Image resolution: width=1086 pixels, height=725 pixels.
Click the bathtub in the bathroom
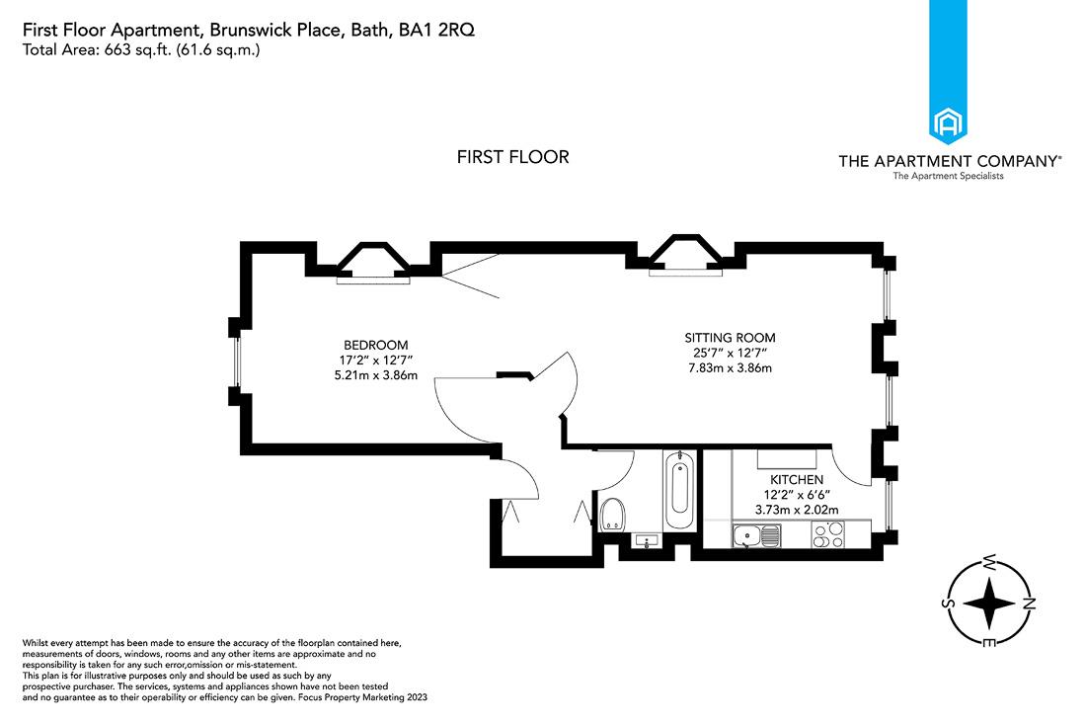point(678,491)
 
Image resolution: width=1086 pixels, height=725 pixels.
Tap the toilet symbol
point(612,514)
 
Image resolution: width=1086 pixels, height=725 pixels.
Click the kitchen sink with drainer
point(757,535)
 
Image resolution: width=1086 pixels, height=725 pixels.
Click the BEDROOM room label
point(375,344)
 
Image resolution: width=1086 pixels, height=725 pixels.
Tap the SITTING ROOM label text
point(731,337)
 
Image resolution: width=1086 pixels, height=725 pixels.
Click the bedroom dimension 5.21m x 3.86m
point(375,375)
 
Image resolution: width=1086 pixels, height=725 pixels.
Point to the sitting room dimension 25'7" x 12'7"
point(731,353)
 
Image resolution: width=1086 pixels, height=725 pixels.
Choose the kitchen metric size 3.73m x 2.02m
point(797,510)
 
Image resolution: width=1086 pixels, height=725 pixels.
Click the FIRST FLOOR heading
point(512,157)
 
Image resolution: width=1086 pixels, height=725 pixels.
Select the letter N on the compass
point(1028,604)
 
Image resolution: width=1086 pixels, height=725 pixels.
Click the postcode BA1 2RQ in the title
point(435,31)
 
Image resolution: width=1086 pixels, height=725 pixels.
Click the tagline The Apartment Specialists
point(948,176)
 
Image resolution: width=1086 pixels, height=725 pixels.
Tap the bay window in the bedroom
point(373,264)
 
